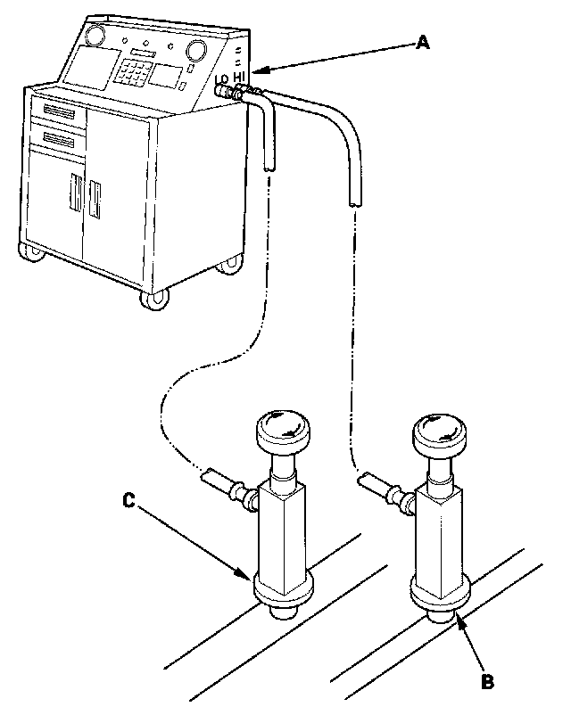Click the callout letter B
487,682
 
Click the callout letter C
128,501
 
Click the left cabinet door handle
76,195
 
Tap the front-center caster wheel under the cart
153,299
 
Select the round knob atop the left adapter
283,431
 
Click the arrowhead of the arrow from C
250,577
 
